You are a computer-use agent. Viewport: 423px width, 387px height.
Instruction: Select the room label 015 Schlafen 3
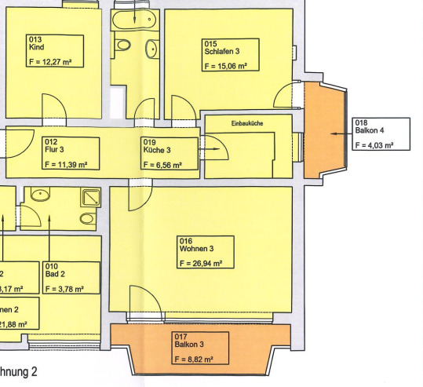coord(222,48)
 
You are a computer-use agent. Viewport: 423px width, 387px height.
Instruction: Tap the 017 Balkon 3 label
coord(187,341)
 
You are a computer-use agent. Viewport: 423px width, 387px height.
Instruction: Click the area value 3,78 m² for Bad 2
coord(71,289)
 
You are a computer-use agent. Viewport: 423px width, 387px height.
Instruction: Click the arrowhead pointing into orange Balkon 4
coord(333,134)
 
